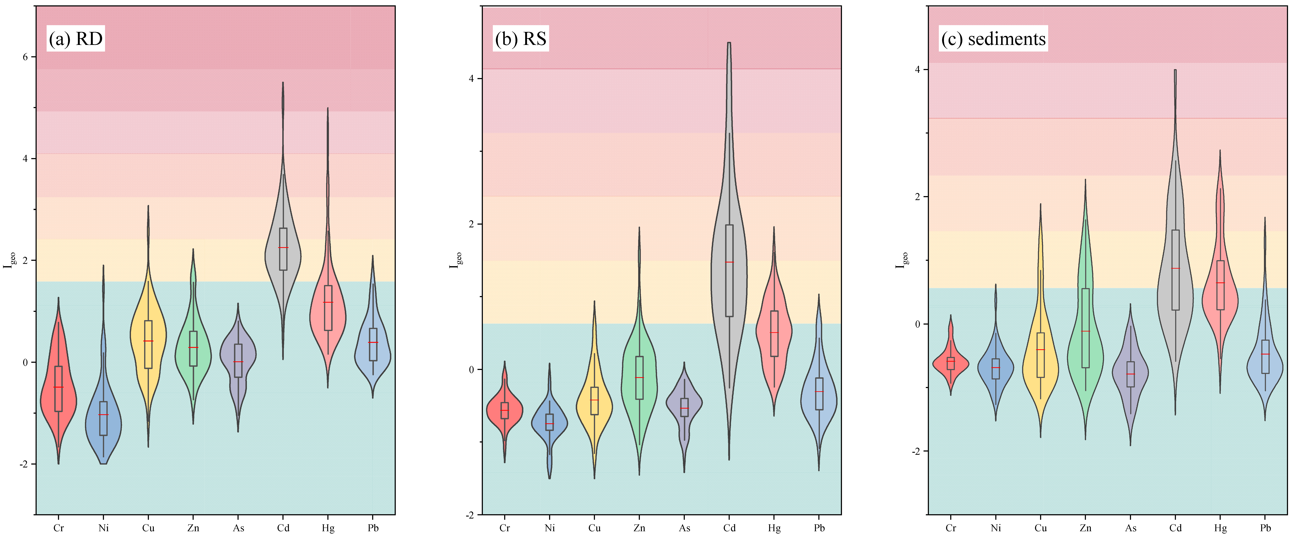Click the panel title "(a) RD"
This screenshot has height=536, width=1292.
click(76, 39)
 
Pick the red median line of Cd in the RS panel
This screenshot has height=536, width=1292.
click(729, 262)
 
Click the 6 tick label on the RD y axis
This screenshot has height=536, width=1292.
click(25, 57)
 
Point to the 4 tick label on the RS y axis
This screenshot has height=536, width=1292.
click(472, 79)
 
